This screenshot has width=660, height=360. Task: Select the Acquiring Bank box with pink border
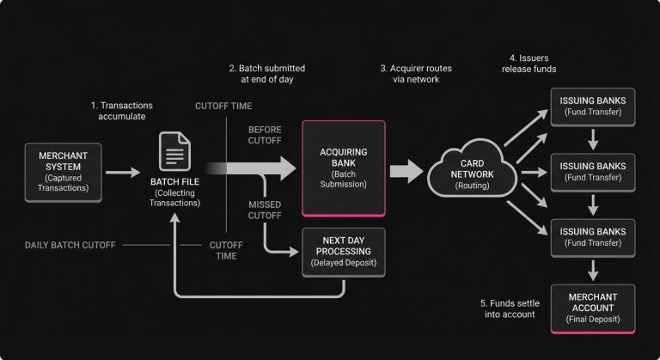[x=343, y=167]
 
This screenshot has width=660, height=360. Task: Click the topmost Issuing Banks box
[x=592, y=107]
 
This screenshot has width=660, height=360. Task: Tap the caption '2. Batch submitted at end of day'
[x=266, y=74]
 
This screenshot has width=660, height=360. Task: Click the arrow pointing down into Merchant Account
[x=592, y=271]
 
